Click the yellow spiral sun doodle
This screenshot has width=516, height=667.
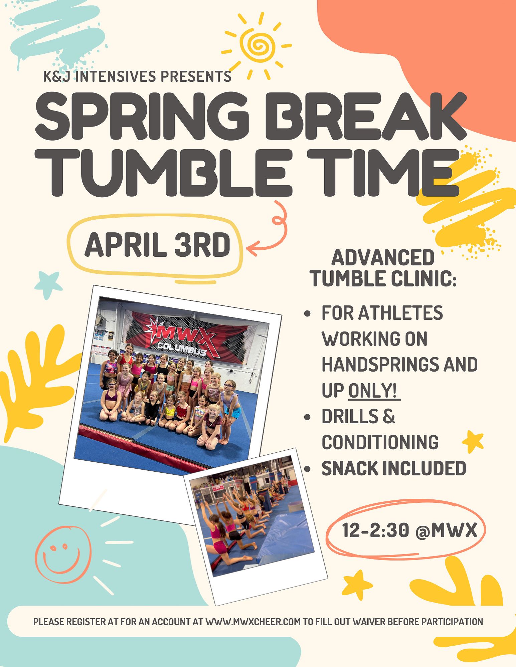coord(257,45)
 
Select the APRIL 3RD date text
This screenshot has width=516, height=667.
coord(157,245)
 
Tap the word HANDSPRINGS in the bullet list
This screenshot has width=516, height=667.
coord(377,365)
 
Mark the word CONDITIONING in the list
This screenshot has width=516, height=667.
coord(380,442)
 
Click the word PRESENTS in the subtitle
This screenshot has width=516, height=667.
coord(196,76)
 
